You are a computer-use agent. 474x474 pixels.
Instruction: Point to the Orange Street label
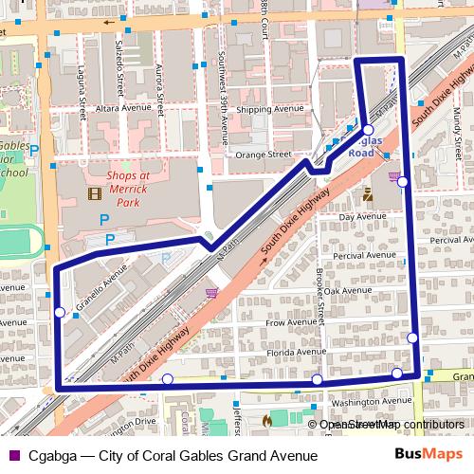[x=264, y=153]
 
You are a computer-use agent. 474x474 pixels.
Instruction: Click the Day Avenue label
[x=360, y=217]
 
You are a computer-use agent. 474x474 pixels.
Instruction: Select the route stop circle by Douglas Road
[x=368, y=130]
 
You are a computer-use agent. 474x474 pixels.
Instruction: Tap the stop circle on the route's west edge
[x=60, y=312]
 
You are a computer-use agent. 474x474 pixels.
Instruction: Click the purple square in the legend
[x=12, y=454]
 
